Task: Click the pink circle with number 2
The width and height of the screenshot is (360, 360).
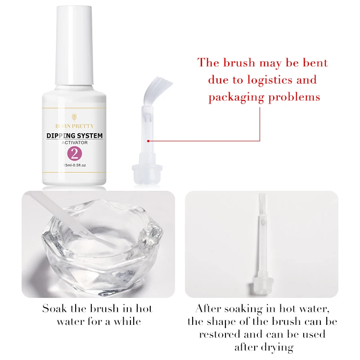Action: click(74, 153)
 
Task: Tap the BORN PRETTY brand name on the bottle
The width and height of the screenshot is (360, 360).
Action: click(74, 126)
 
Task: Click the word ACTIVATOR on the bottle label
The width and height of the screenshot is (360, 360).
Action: click(75, 143)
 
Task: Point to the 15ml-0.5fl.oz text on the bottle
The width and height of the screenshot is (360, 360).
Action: click(75, 165)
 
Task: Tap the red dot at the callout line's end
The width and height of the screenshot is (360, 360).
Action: click(148, 141)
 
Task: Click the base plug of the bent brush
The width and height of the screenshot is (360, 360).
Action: click(147, 170)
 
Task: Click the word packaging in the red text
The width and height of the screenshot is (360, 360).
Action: click(237, 97)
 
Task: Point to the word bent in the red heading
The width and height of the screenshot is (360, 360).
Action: click(315, 63)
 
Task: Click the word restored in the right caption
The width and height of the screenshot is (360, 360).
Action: click(220, 334)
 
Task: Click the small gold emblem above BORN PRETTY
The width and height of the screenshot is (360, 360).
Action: click(74, 117)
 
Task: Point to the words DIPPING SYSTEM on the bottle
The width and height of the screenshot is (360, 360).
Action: click(74, 136)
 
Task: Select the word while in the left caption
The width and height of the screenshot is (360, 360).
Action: click(127, 321)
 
